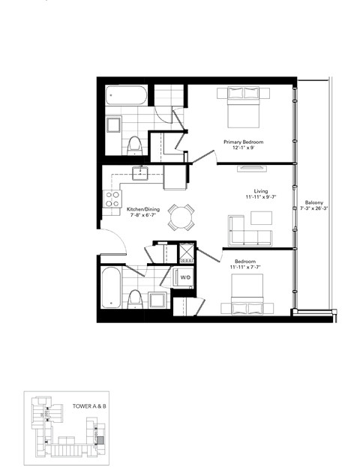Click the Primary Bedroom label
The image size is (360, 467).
pyautogui.click(x=243, y=141)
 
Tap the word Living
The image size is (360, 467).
pyautogui.click(x=261, y=190)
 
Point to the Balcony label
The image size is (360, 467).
pyautogui.click(x=315, y=202)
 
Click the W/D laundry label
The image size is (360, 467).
pyautogui.click(x=184, y=277)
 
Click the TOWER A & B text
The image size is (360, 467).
pyautogui.click(x=88, y=406)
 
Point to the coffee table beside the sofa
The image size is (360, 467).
pyautogui.click(x=262, y=218)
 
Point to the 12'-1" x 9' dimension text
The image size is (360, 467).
pyautogui.click(x=243, y=148)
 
